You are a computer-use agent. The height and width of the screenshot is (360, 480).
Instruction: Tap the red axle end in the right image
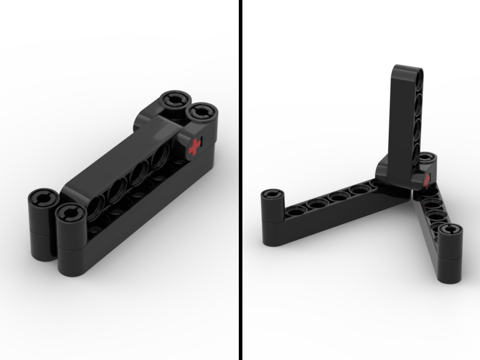click(x=427, y=179)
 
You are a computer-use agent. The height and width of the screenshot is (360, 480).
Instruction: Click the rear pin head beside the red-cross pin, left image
click(x=175, y=99)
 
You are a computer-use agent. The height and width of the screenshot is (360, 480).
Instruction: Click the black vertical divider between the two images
click(x=241, y=180)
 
